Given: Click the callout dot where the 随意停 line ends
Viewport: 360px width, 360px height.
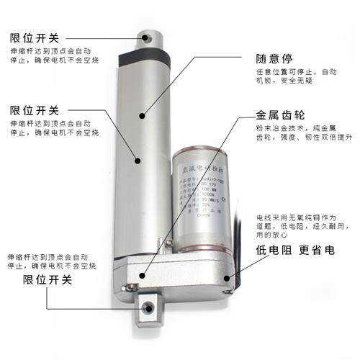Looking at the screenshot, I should point(143,114).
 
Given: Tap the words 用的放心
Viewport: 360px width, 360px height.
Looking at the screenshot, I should point(271,235).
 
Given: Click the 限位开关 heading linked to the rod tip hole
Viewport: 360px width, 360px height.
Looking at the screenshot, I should point(35,37).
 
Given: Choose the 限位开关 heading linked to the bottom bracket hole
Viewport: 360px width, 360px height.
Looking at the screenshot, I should point(48,279).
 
